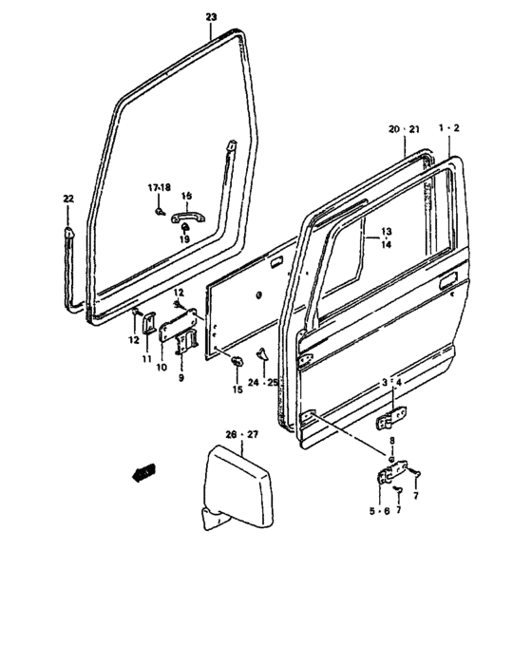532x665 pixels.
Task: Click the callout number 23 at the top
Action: coord(211,17)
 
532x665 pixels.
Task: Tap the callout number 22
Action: coord(67,199)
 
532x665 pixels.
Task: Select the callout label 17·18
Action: coord(159,187)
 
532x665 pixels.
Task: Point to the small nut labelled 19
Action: coord(184,229)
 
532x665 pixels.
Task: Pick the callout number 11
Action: coord(147,359)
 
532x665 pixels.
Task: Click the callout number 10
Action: coord(161,367)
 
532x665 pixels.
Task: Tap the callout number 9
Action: coord(180,377)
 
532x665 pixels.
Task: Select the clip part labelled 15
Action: coord(237,360)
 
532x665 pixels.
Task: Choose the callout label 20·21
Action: coord(403,127)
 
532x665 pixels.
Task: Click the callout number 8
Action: coord(390,441)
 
